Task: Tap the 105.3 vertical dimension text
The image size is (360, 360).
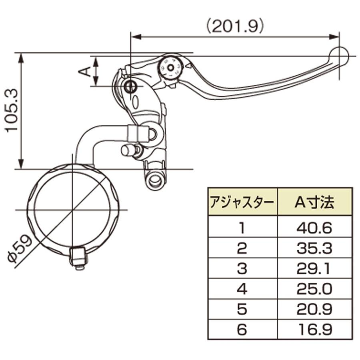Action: click(x=12, y=110)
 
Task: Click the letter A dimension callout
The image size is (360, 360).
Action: click(x=85, y=71)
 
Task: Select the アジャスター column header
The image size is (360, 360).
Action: click(x=242, y=202)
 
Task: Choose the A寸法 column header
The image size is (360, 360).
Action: click(x=314, y=202)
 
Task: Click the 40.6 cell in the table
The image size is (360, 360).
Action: click(x=314, y=228)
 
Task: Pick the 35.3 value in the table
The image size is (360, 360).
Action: click(x=314, y=248)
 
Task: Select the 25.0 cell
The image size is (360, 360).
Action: click(x=314, y=289)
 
